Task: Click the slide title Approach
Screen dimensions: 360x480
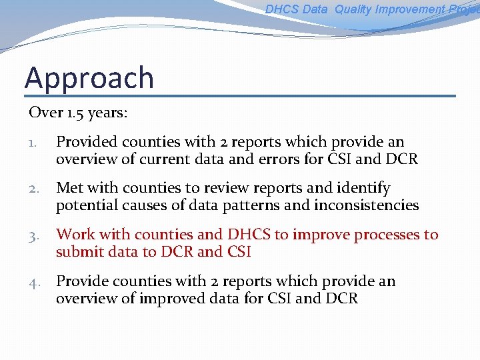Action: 89,78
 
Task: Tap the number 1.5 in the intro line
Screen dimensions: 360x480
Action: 75,113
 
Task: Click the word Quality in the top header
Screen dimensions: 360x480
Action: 353,9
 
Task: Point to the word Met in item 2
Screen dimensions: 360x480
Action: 69,189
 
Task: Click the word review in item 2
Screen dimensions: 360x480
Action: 222,189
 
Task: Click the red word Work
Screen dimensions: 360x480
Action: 75,235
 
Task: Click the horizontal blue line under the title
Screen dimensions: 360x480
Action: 240,96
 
